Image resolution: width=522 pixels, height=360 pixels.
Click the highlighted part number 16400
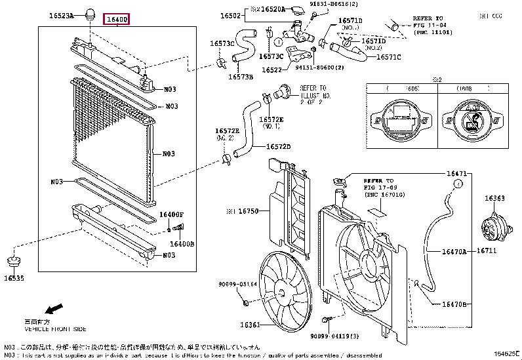(x=118, y=19)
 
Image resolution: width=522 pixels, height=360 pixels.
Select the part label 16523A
(x=60, y=14)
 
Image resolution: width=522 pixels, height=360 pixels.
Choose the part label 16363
(x=494, y=197)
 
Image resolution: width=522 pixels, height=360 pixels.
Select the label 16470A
(x=453, y=251)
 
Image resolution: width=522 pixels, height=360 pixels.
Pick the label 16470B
(x=453, y=304)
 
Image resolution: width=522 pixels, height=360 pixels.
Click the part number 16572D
(x=278, y=146)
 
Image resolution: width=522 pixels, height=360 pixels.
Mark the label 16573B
(x=241, y=76)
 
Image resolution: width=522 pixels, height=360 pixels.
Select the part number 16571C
(x=389, y=57)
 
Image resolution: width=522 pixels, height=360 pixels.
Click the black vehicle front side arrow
(x=53, y=308)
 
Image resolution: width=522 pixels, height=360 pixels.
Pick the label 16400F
(x=172, y=214)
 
